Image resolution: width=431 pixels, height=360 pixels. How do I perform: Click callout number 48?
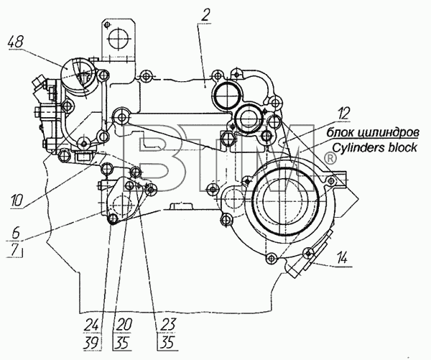coord(16,43)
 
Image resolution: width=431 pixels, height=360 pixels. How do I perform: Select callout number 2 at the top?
coord(205,17)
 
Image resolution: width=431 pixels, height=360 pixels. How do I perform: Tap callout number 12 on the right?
coord(343,114)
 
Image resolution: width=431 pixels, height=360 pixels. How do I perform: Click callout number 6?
coord(16,234)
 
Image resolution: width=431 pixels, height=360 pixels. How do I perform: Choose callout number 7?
coord(15,250)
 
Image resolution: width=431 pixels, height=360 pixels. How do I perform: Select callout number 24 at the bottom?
coord(92,325)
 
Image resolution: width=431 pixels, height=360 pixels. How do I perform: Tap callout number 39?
coord(92,343)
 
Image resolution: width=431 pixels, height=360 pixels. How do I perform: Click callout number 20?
coord(124,325)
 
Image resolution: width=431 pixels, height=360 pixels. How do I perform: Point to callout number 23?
coord(168,325)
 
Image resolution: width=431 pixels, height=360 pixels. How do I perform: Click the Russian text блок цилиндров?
coord(373,133)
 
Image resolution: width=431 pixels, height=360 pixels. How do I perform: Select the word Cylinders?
coord(358,148)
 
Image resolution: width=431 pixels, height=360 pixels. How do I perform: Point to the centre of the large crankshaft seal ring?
coord(286,202)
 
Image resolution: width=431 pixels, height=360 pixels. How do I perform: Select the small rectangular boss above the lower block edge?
coord(180,206)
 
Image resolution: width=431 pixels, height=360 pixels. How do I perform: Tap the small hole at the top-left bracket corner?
coord(107,24)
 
